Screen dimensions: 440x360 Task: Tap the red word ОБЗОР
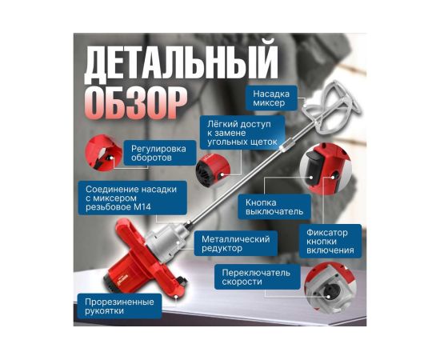pyautogui.click(x=136, y=103)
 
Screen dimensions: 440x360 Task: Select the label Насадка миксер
pyautogui.click(x=271, y=98)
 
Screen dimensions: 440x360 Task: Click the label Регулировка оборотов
pyautogui.click(x=158, y=153)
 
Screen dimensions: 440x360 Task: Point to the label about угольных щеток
pyautogui.click(x=242, y=133)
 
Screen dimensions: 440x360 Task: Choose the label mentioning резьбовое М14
pyautogui.click(x=132, y=198)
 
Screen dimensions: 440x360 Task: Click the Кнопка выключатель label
pyautogui.click(x=274, y=206)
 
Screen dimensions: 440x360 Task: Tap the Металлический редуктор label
pyautogui.click(x=236, y=243)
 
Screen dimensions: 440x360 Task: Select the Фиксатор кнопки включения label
pyautogui.click(x=330, y=242)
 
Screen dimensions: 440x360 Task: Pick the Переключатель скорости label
pyautogui.click(x=256, y=277)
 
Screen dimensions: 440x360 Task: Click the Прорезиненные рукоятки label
pyautogui.click(x=119, y=306)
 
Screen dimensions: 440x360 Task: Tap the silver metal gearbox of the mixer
pyautogui.click(x=166, y=238)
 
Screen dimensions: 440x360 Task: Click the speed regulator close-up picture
pyautogui.click(x=103, y=153)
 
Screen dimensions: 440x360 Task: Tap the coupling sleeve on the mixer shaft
pyautogui.click(x=286, y=145)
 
